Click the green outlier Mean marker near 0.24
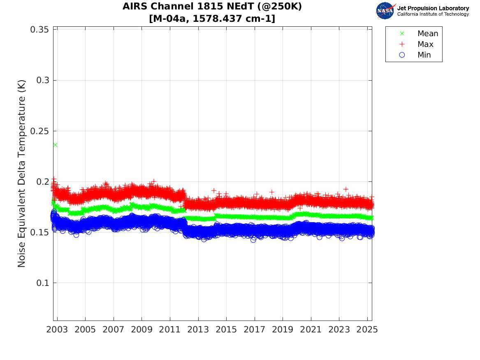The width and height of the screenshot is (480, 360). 55,145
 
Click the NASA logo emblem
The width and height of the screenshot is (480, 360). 386,11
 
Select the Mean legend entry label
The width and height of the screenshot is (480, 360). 428,34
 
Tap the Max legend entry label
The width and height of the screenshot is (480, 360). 425,44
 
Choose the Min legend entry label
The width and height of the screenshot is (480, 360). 424,55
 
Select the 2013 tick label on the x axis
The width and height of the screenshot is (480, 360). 198,330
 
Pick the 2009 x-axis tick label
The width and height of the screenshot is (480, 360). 142,330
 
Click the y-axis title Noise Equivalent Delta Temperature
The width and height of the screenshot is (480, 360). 22,174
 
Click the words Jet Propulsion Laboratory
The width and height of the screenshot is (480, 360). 433,8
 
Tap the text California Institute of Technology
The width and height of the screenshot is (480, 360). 433,14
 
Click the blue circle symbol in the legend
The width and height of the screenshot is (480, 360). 402,55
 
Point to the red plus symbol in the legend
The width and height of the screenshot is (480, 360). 402,44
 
